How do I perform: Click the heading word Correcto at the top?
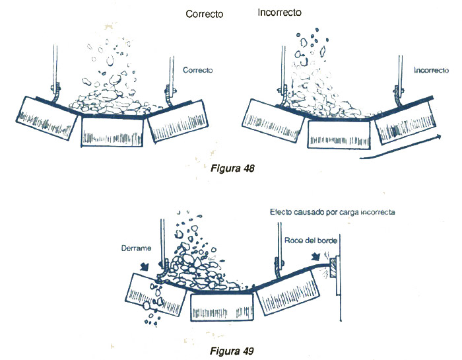(204, 13)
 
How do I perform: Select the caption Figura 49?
(230, 349)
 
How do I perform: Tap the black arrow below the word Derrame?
(145, 266)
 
